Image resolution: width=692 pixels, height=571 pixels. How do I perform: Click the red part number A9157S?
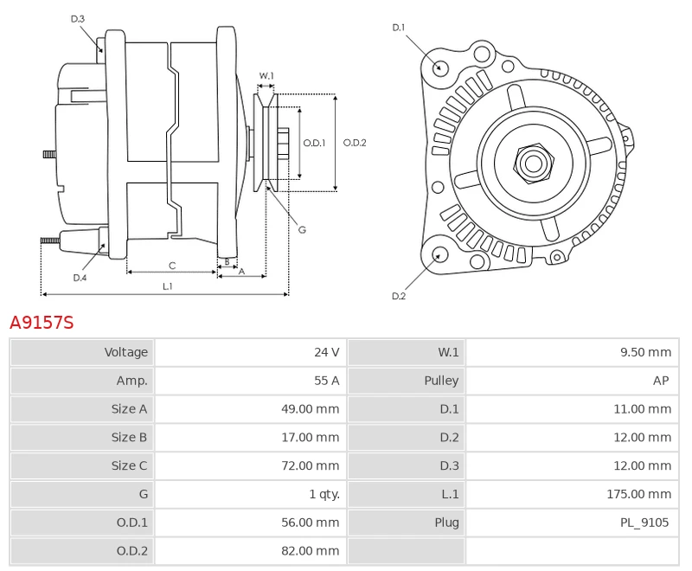pos(42,324)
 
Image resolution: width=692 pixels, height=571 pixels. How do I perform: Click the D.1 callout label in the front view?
pos(399,28)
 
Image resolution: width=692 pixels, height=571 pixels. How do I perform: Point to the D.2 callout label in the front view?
pos(399,296)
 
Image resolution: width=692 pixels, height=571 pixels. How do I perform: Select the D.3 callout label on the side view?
pos(78,18)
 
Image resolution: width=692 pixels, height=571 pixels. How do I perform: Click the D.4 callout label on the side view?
pos(80,278)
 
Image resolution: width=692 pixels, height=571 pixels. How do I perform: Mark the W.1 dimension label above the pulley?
pos(266,76)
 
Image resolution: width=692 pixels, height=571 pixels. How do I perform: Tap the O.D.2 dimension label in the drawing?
pos(355,143)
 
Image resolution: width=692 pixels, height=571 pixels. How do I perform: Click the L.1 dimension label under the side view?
pos(168,285)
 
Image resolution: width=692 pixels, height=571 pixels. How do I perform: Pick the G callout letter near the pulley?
pos(302,229)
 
